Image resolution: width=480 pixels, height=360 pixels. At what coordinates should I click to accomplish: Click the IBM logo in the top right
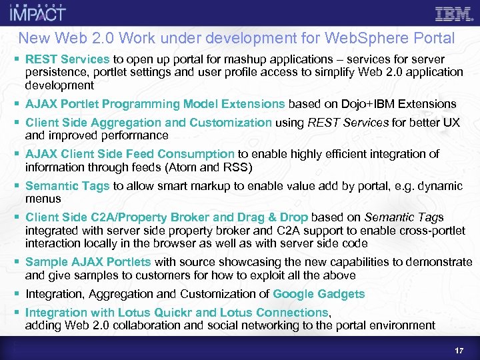pyautogui.click(x=455, y=13)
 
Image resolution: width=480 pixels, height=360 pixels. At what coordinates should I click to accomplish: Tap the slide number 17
pyautogui.click(x=459, y=350)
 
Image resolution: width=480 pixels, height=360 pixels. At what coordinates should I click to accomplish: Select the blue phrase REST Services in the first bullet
pyautogui.click(x=67, y=59)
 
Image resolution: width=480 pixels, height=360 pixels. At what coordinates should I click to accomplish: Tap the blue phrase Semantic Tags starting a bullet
pyautogui.click(x=67, y=186)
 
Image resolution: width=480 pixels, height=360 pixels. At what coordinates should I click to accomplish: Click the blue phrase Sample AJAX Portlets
pyautogui.click(x=88, y=262)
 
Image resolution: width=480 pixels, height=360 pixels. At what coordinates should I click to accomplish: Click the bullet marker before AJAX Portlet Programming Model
pyautogui.click(x=17, y=104)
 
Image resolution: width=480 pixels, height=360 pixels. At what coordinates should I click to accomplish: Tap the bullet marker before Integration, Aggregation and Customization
pyautogui.click(x=17, y=294)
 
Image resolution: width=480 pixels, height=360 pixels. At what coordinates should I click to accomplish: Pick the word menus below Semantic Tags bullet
pyautogui.click(x=43, y=199)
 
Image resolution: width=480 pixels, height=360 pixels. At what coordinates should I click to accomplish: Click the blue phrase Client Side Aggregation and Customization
pyautogui.click(x=148, y=123)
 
